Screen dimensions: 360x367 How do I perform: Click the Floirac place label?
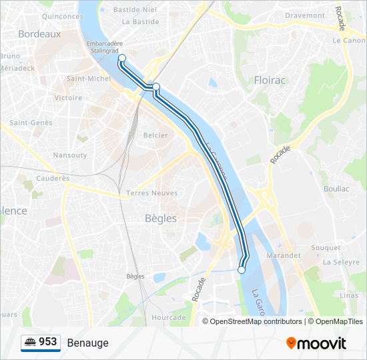tap(270, 81)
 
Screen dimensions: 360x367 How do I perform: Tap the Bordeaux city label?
tap(39, 34)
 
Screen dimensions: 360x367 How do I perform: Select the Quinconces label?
tap(62, 16)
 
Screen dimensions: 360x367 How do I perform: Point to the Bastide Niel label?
tap(135, 10)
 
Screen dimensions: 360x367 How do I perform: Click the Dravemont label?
tap(305, 15)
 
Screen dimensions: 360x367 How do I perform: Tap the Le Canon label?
tap(348, 40)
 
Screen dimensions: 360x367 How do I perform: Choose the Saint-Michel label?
tap(89, 79)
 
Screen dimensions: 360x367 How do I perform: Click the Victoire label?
tap(69, 97)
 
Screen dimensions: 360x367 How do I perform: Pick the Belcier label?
tap(155, 135)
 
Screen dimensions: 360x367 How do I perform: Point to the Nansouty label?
tap(70, 155)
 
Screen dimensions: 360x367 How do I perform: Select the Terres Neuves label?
tap(152, 193)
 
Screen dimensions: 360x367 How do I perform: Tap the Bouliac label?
tap(336, 189)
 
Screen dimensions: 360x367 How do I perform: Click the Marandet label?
tap(284, 255)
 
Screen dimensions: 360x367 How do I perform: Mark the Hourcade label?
tap(169, 317)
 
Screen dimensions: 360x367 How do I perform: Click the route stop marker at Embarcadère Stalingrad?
tap(122, 58)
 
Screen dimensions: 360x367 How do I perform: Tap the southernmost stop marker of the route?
tap(242, 270)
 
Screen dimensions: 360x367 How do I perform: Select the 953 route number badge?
tap(41, 342)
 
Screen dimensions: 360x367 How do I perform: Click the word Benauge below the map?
tap(87, 343)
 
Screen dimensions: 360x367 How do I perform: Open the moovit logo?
tap(316, 343)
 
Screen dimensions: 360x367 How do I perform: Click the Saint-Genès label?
tap(31, 123)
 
